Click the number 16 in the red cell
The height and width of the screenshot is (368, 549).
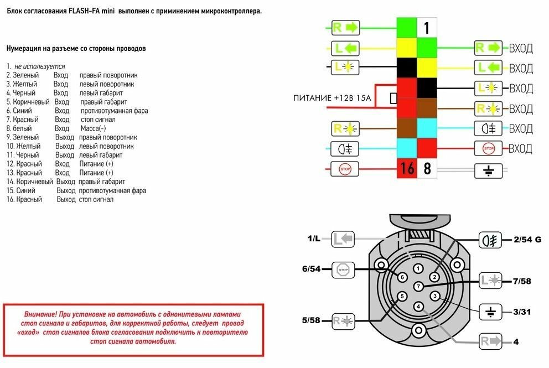click(407, 168)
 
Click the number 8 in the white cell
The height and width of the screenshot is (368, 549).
click(427, 168)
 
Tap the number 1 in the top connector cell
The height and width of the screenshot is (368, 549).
click(427, 28)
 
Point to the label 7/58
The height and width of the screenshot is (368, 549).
click(521, 281)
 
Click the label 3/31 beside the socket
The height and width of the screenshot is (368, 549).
click(521, 312)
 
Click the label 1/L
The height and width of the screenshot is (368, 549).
click(314, 239)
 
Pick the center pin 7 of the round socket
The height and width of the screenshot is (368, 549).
click(419, 286)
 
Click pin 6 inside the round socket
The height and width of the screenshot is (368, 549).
click(402, 277)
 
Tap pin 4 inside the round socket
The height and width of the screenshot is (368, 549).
click(418, 306)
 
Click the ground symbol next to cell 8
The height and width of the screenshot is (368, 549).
click(488, 169)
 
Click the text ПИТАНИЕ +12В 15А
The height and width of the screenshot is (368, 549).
click(332, 99)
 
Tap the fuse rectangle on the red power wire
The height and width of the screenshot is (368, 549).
click(393, 99)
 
